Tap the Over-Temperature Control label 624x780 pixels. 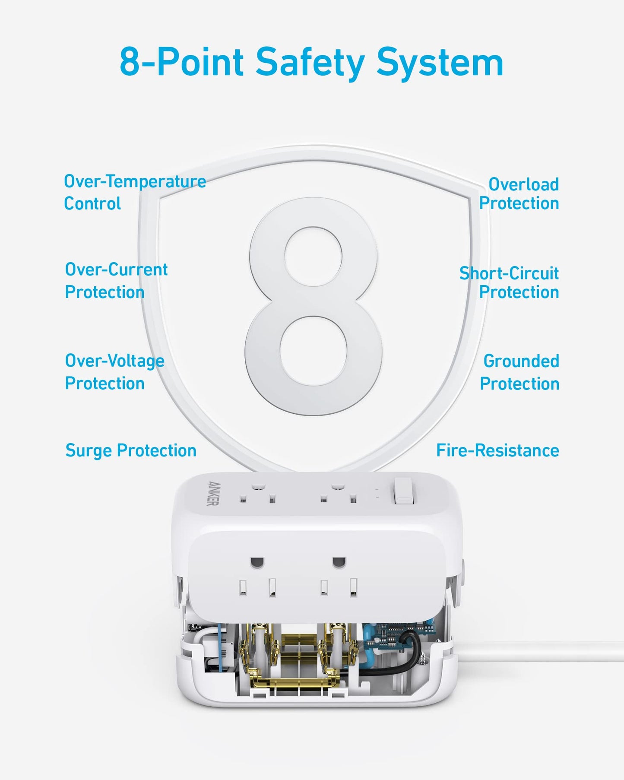134,192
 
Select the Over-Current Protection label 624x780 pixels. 116,281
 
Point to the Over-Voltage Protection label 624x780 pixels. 114,372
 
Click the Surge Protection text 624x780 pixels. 131,450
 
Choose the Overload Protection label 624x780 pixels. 519,193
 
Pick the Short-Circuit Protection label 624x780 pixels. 510,282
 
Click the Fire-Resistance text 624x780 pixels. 497,450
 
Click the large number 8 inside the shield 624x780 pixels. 313,307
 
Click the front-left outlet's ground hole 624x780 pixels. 257,562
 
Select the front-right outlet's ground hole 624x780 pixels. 339,562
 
